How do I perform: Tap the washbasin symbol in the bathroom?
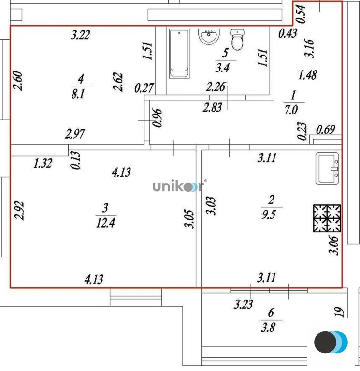[x=210, y=36]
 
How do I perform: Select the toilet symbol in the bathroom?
[x=237, y=40]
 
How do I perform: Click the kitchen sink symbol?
[x=328, y=169]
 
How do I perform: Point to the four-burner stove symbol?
[x=326, y=217]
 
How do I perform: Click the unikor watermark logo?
[x=178, y=186]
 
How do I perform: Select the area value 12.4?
[x=105, y=222]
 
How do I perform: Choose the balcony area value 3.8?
[x=268, y=327]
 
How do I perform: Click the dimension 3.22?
[x=81, y=35]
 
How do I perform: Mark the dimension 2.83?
[x=213, y=107]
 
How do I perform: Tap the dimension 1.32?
[x=43, y=164]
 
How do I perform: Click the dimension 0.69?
[x=326, y=129]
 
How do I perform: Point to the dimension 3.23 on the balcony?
[x=243, y=305]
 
